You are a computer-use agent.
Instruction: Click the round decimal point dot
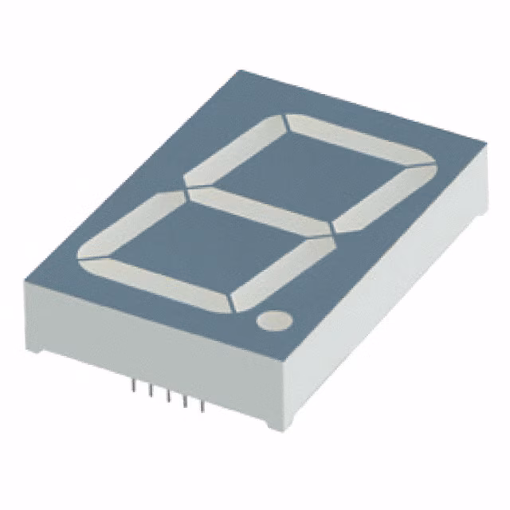point(273,320)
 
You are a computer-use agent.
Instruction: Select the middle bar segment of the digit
point(258,210)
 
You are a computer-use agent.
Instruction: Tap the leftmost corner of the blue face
point(25,280)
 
